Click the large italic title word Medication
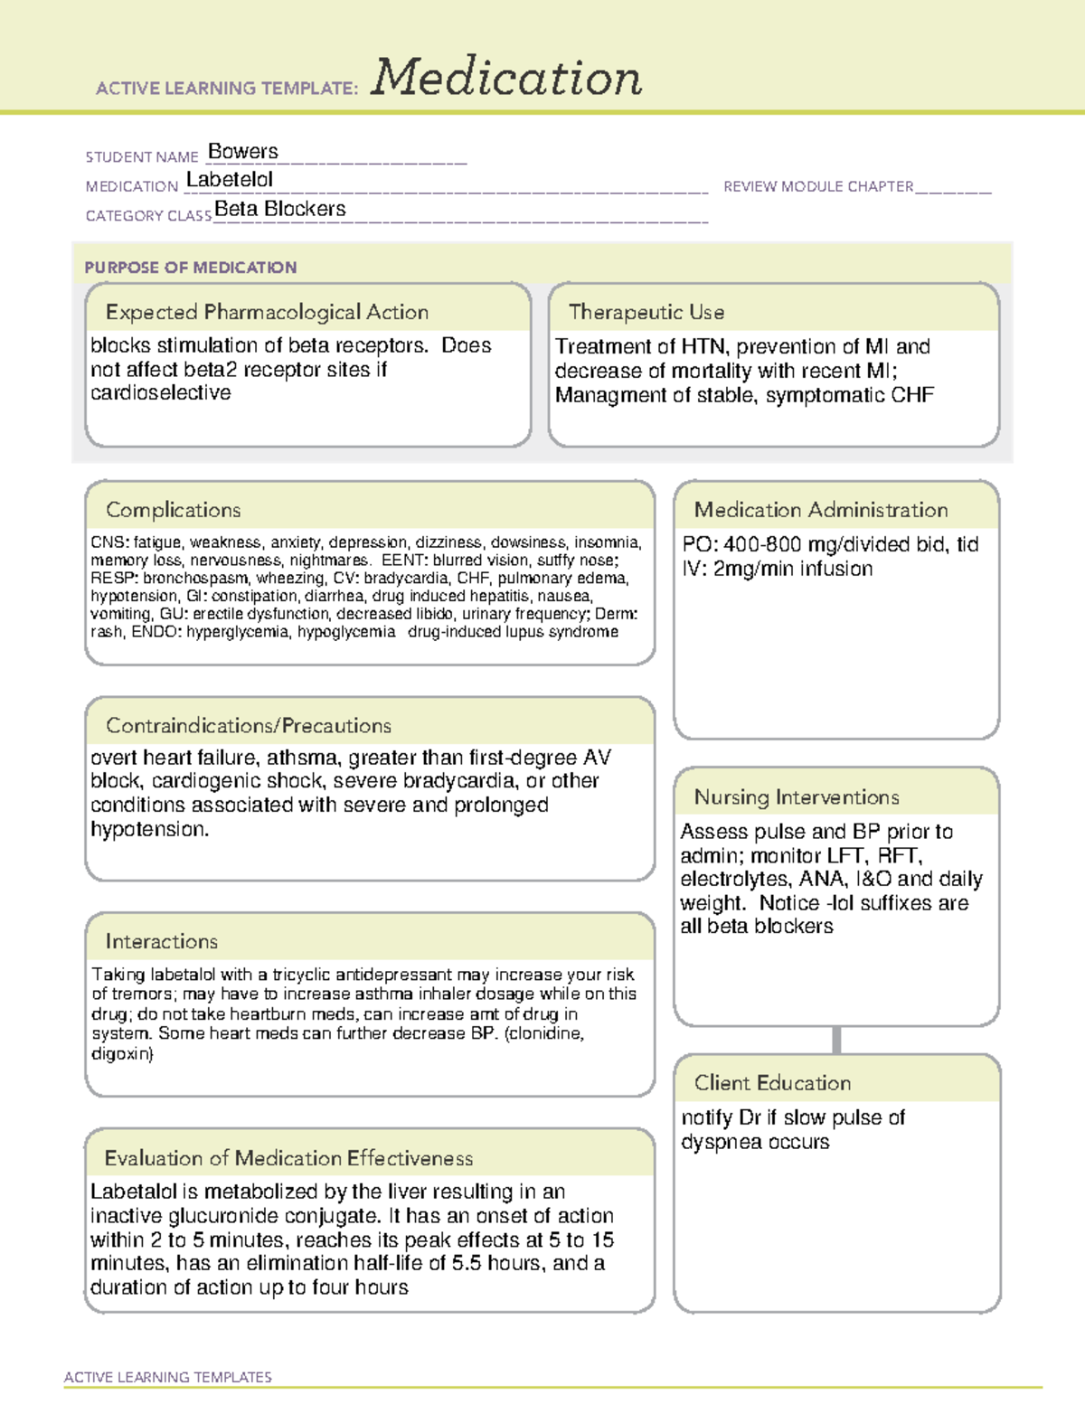click(506, 78)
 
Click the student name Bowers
click(242, 151)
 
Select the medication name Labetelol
click(229, 180)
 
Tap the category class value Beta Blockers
click(280, 209)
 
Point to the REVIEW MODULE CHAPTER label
click(818, 186)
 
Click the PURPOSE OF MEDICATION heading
click(190, 268)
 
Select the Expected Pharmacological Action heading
click(267, 312)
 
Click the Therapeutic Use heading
click(646, 312)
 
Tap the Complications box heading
click(173, 510)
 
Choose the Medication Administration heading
click(820, 510)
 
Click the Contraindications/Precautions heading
click(248, 725)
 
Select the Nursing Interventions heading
click(796, 796)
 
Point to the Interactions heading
click(161, 941)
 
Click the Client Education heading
click(772, 1082)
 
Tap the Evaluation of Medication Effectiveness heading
click(288, 1158)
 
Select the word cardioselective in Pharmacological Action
click(160, 393)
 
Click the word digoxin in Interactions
click(121, 1053)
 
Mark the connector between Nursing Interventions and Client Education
click(836, 1040)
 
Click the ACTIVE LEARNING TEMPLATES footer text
click(167, 1377)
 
